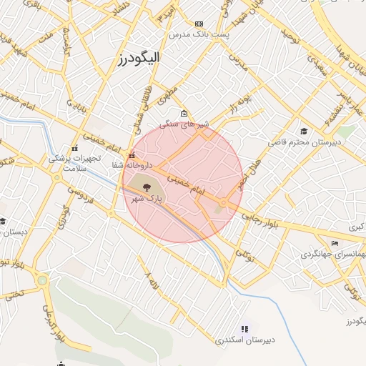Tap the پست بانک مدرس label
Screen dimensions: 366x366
click(199, 34)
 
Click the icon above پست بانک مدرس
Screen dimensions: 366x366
click(199, 24)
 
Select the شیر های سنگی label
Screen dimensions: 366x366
click(184, 124)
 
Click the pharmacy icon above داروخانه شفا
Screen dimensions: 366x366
click(131, 155)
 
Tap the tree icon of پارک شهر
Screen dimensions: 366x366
click(146, 187)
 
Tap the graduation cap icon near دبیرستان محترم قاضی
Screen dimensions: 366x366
click(304, 131)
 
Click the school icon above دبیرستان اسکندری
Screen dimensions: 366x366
click(244, 329)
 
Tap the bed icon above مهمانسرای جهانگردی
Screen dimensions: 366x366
click(335, 243)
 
